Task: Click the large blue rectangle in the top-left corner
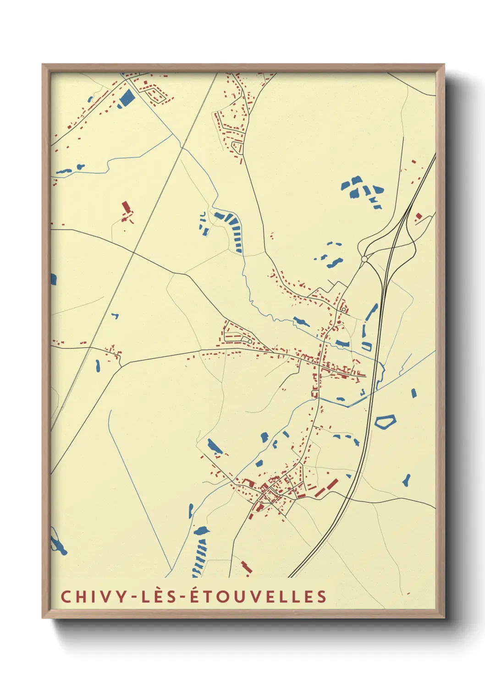click(126, 98)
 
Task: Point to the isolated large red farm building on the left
click(126, 208)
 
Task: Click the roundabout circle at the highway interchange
click(364, 259)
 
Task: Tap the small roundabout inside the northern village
click(343, 310)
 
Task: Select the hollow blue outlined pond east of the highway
click(385, 421)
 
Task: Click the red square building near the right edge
click(418, 216)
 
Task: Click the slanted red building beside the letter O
click(247, 567)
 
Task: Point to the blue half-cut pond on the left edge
click(53, 279)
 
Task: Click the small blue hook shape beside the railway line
click(115, 316)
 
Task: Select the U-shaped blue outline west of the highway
click(366, 346)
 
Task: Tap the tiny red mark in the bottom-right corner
click(408, 594)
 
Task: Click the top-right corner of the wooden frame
click(444, 65)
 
